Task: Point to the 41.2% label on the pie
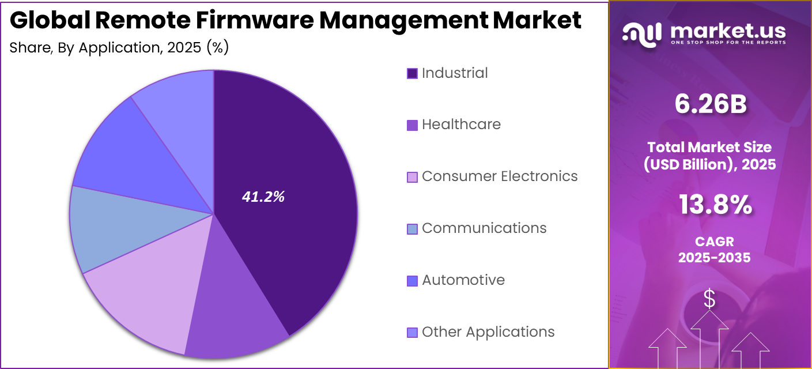263,197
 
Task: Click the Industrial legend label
455,73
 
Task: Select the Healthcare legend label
461,125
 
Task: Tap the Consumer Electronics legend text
500,176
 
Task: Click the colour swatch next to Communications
412,229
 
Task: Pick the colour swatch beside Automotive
412,281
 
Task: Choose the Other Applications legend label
488,332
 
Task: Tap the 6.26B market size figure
710,105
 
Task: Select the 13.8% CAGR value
715,205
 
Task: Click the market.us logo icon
641,34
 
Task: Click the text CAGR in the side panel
714,242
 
